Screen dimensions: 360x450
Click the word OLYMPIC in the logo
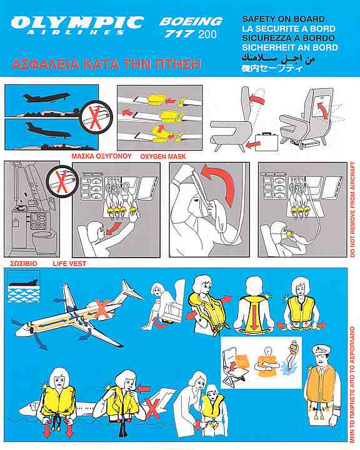(77, 22)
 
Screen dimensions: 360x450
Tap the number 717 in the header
(179, 34)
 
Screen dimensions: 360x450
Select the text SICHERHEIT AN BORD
(290, 47)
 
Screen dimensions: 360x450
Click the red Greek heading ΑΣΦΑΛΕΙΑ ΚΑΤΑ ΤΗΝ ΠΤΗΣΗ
(106, 64)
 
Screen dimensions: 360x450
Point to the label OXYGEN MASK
(163, 157)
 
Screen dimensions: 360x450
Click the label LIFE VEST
(69, 264)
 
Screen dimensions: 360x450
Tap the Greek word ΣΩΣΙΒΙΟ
(24, 264)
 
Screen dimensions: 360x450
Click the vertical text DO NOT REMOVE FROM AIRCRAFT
(353, 209)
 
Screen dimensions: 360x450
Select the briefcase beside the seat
(267, 141)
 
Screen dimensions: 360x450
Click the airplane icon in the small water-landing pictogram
(24, 283)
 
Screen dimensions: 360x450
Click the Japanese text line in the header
(272, 69)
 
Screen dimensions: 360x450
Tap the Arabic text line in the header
(278, 58)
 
